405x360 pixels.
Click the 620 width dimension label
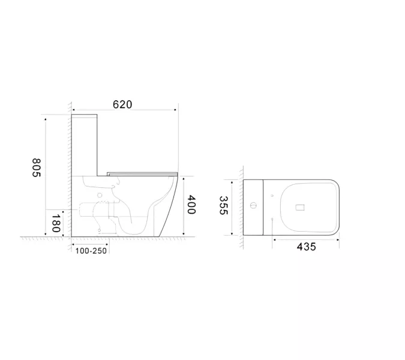tap(122, 104)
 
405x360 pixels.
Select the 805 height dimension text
tap(36, 167)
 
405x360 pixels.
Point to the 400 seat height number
tap(191, 206)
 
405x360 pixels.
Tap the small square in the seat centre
tap(301, 208)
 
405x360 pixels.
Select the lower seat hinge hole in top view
tap(272, 220)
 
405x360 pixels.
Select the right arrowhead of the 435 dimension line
tap(340, 238)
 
